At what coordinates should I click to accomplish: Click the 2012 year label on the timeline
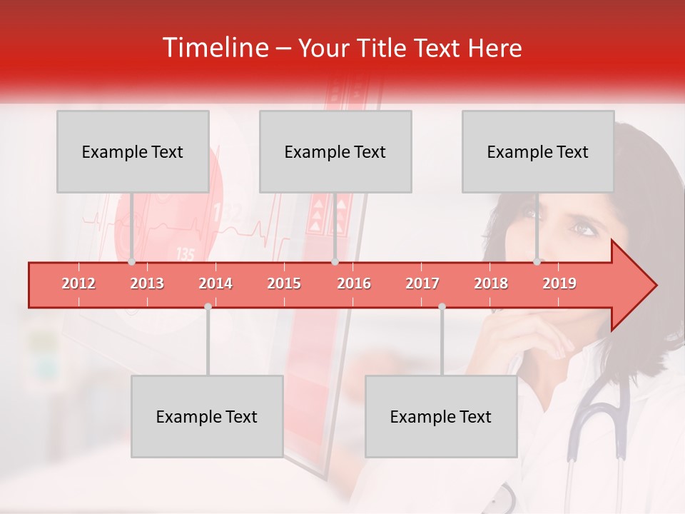coord(78,284)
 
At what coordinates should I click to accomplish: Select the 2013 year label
coord(147,284)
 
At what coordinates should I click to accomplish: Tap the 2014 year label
coord(215,284)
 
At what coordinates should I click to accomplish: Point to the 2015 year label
coord(284,284)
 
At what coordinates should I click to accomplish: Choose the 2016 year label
coord(354,284)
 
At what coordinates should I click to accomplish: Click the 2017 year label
coord(422,284)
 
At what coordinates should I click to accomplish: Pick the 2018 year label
coord(491,284)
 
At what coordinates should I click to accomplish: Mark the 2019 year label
coord(559,284)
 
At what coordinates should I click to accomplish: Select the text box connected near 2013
coord(133,151)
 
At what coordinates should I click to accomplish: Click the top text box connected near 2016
coord(335,151)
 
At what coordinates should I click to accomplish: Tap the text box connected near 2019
coord(538,151)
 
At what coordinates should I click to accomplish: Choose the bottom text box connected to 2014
coord(207,416)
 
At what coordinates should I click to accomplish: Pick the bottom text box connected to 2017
coord(441,416)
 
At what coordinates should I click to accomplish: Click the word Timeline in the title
coord(214,48)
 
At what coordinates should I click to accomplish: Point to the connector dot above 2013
coord(132,262)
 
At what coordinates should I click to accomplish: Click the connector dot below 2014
coord(208,306)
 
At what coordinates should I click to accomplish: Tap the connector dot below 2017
coord(442,306)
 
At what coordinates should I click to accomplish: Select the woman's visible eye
coord(583,228)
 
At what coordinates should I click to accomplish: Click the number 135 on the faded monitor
coord(185,253)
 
